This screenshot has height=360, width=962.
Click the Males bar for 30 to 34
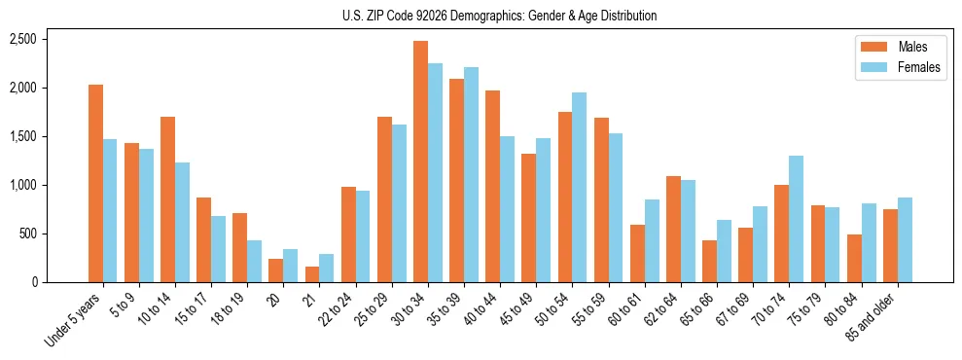click(420, 162)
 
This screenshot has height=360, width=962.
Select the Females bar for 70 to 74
click(796, 219)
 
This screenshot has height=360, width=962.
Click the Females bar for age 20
click(290, 266)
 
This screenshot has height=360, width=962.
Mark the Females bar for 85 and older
click(904, 239)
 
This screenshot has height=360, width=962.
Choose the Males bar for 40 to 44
click(492, 186)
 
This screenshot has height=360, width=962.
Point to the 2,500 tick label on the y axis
click(22, 39)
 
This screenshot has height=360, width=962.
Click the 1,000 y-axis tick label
click(22, 185)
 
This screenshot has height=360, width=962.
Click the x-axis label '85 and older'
click(879, 315)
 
